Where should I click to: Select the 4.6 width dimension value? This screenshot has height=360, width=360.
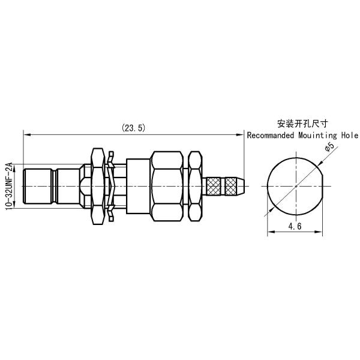pyautogui.click(x=295, y=227)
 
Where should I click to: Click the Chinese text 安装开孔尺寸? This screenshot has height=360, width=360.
pyautogui.click(x=302, y=125)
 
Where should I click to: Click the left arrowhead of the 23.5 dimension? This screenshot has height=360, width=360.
pyautogui.click(x=25, y=134)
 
